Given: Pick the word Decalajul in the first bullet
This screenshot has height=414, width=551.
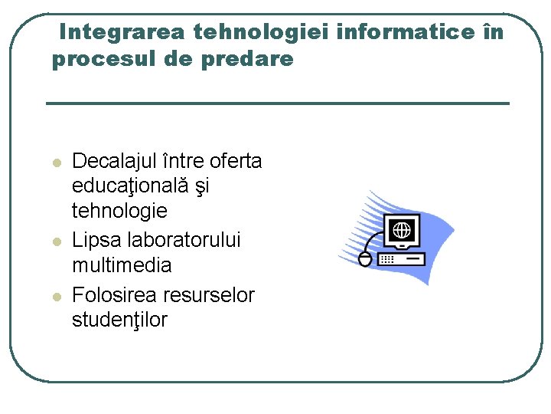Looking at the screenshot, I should pyautogui.click(x=114, y=162).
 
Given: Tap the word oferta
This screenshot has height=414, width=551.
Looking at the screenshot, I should pyautogui.click(x=235, y=161).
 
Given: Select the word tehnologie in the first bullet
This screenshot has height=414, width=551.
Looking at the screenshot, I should pyautogui.click(x=119, y=210).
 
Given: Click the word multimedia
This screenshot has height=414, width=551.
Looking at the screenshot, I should pyautogui.click(x=122, y=265).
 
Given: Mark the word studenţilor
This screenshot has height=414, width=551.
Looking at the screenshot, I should pyautogui.click(x=119, y=320).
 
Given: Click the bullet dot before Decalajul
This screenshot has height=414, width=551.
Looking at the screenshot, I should pyautogui.click(x=55, y=163).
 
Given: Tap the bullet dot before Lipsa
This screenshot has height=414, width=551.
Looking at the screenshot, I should pyautogui.click(x=55, y=242).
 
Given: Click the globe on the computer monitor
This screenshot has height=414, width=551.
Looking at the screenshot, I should pyautogui.click(x=403, y=228).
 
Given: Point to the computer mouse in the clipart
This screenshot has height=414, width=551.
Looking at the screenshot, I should pyautogui.click(x=365, y=259).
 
